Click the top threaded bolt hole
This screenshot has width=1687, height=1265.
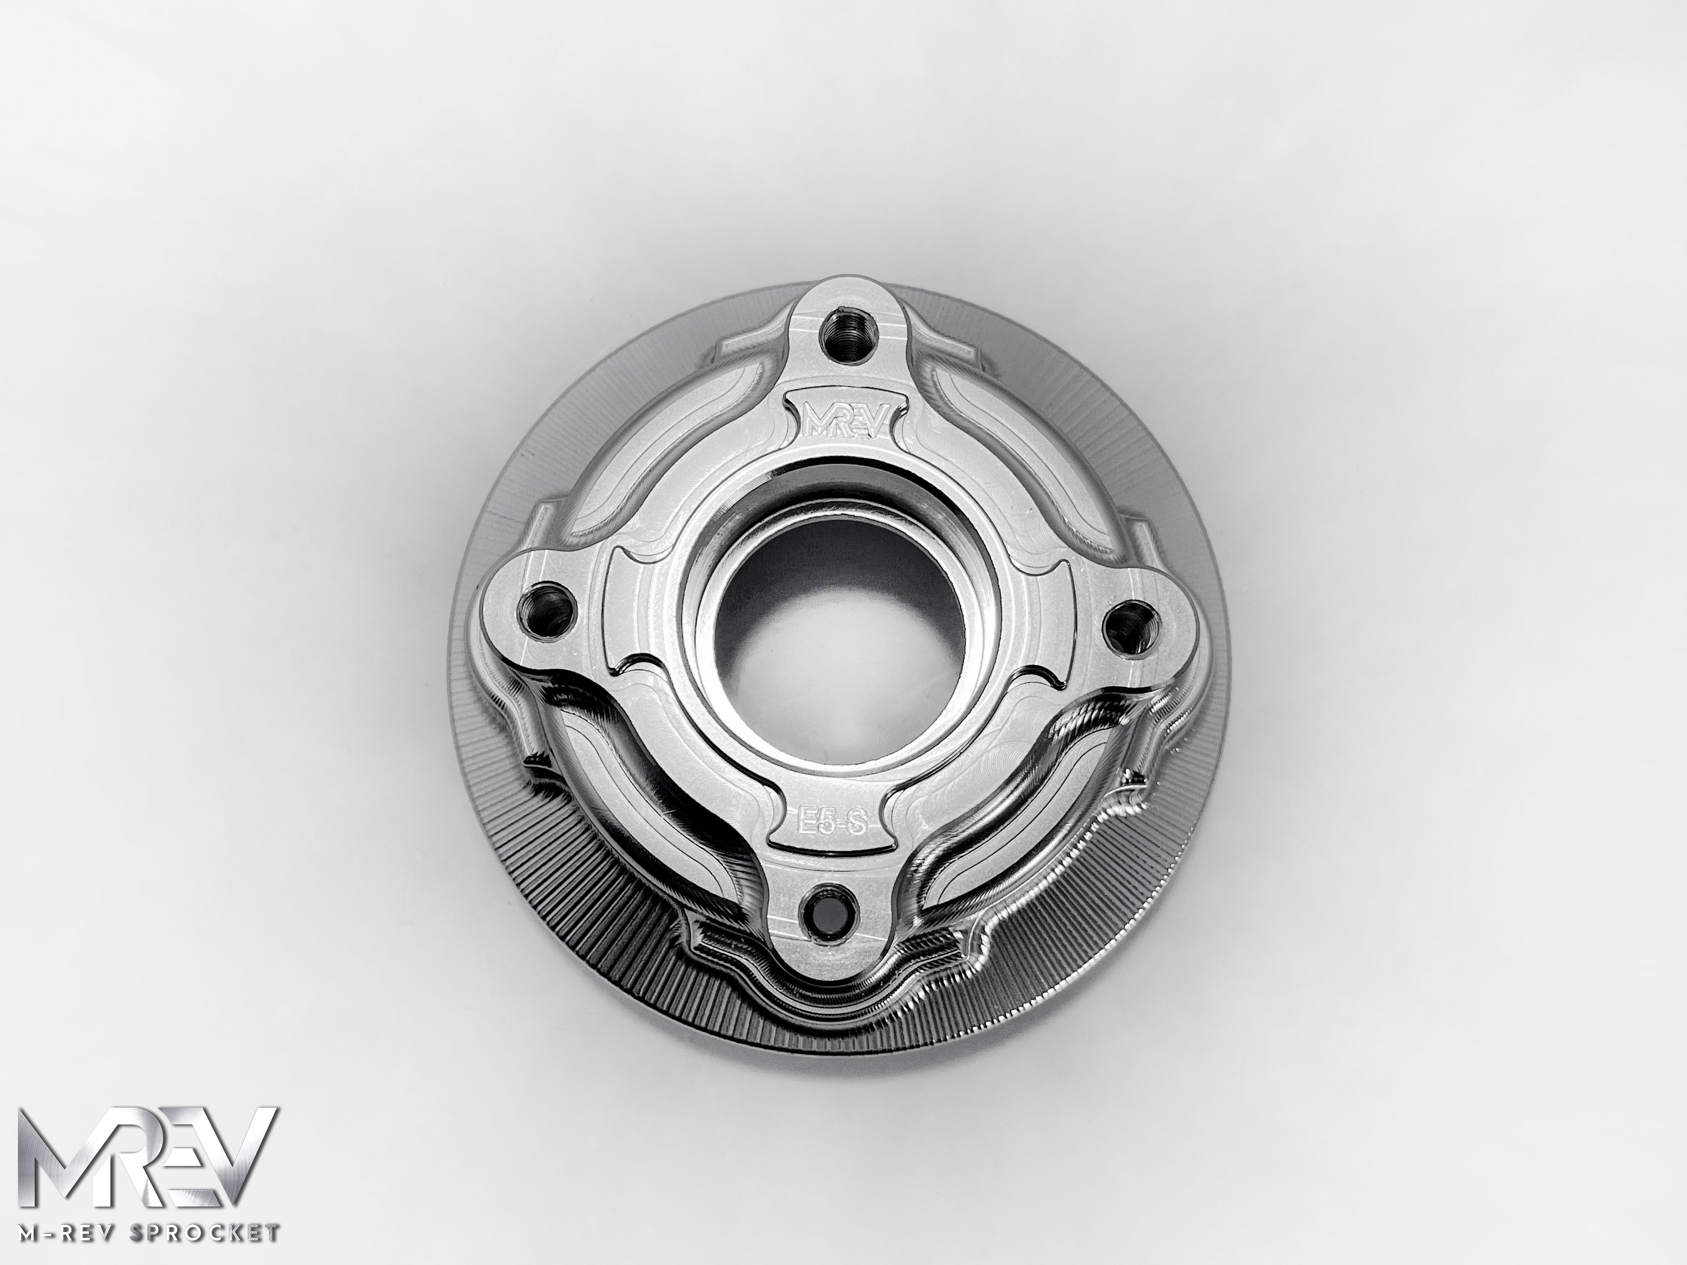click(x=844, y=329)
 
